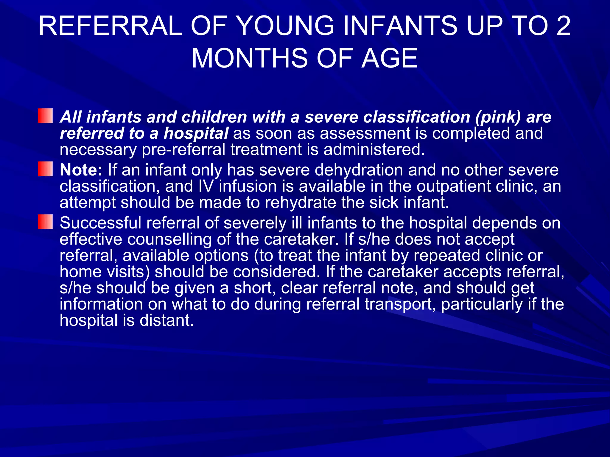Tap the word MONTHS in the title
point(249,58)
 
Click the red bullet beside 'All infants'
point(45,116)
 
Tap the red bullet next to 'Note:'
point(45,169)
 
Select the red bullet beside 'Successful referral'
point(45,222)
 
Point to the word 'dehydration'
point(359,170)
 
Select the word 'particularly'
point(482,304)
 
